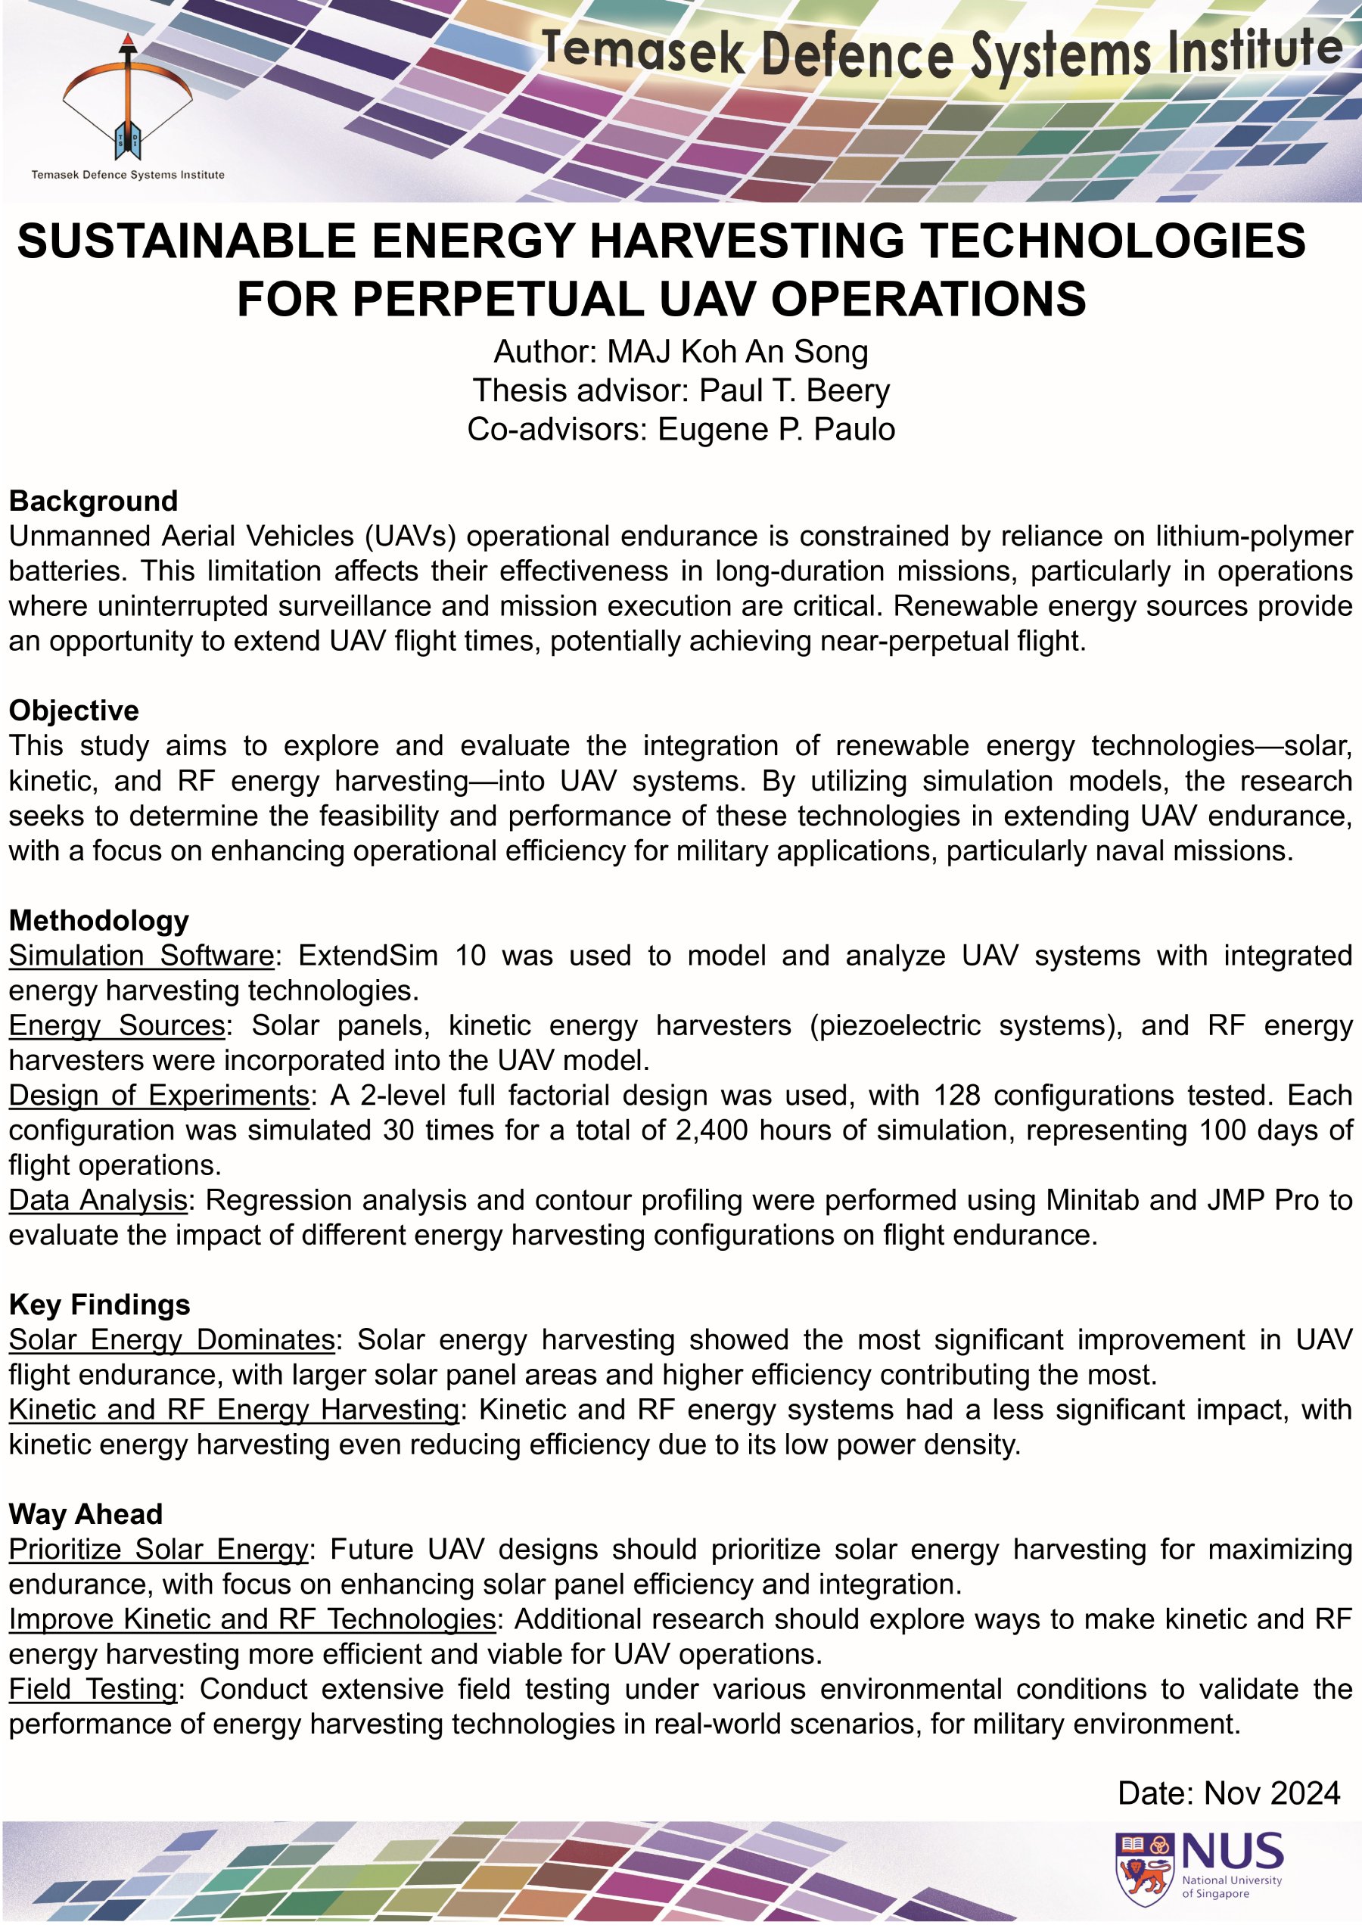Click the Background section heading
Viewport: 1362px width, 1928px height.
(x=93, y=502)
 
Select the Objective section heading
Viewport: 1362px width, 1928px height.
(x=74, y=711)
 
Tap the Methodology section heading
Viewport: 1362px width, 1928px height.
(x=98, y=920)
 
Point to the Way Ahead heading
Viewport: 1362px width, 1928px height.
(x=86, y=1514)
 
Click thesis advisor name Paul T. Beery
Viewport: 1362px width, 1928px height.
(x=794, y=390)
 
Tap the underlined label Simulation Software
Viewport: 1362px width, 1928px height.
(x=141, y=956)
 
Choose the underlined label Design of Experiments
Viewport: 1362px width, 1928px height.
(x=159, y=1095)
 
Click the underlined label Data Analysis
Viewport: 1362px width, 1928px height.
(x=98, y=1200)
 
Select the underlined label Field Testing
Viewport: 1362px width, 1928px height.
(x=93, y=1689)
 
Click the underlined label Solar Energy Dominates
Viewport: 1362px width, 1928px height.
(x=171, y=1339)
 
